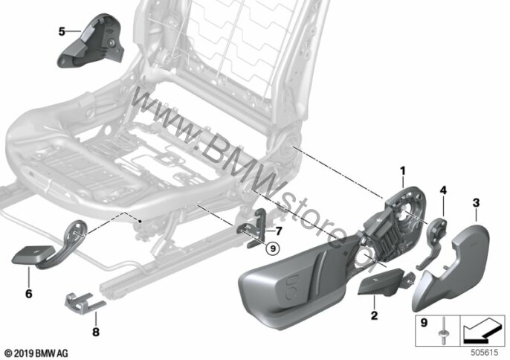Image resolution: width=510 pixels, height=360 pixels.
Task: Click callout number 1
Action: click(403, 170)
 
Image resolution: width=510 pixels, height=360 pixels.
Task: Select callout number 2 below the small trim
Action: click(375, 315)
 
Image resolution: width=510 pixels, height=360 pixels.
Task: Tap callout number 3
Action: click(476, 203)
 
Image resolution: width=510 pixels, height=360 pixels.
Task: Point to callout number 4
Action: click(443, 190)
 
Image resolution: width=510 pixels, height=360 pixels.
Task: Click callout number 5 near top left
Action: click(62, 31)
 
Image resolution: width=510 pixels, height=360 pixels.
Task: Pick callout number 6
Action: click(29, 294)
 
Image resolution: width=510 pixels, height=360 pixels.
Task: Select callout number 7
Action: click(278, 231)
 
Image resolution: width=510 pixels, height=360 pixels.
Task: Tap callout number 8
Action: click(96, 332)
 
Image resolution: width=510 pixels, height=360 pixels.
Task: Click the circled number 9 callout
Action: click(273, 249)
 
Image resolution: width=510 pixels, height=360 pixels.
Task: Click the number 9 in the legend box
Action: click(424, 323)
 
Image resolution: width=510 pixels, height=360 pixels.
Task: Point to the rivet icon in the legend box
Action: click(443, 332)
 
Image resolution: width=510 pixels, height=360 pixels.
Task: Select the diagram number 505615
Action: click(485, 353)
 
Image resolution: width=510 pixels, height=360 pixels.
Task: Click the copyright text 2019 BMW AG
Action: click(36, 353)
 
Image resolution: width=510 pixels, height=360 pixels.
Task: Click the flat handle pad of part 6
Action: click(33, 254)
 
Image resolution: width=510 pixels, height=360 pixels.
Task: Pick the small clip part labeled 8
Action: click(85, 303)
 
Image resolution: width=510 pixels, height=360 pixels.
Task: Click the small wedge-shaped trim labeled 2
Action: click(379, 282)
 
